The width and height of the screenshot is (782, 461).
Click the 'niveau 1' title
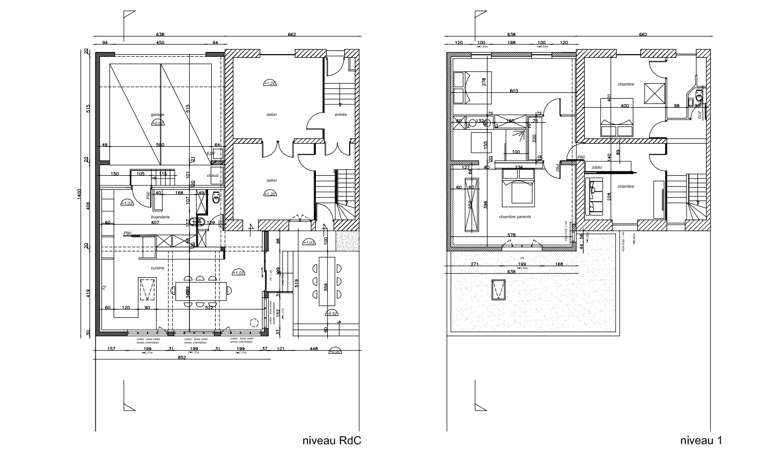[700, 441]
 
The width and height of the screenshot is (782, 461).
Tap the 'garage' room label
[157, 115]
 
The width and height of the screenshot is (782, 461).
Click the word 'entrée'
[341, 115]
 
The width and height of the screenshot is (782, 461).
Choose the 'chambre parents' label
[514, 217]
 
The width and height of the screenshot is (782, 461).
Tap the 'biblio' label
[597, 167]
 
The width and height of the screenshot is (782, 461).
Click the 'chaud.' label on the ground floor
[213, 175]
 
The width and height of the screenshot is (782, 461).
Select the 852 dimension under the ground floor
[181, 358]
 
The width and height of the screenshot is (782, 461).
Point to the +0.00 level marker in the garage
[158, 123]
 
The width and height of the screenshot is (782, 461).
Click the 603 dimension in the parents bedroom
[513, 91]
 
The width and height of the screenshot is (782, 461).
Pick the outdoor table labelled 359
[326, 281]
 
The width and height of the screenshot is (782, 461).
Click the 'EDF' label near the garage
[210, 154]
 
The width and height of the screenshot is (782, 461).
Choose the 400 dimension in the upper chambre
[624, 106]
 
